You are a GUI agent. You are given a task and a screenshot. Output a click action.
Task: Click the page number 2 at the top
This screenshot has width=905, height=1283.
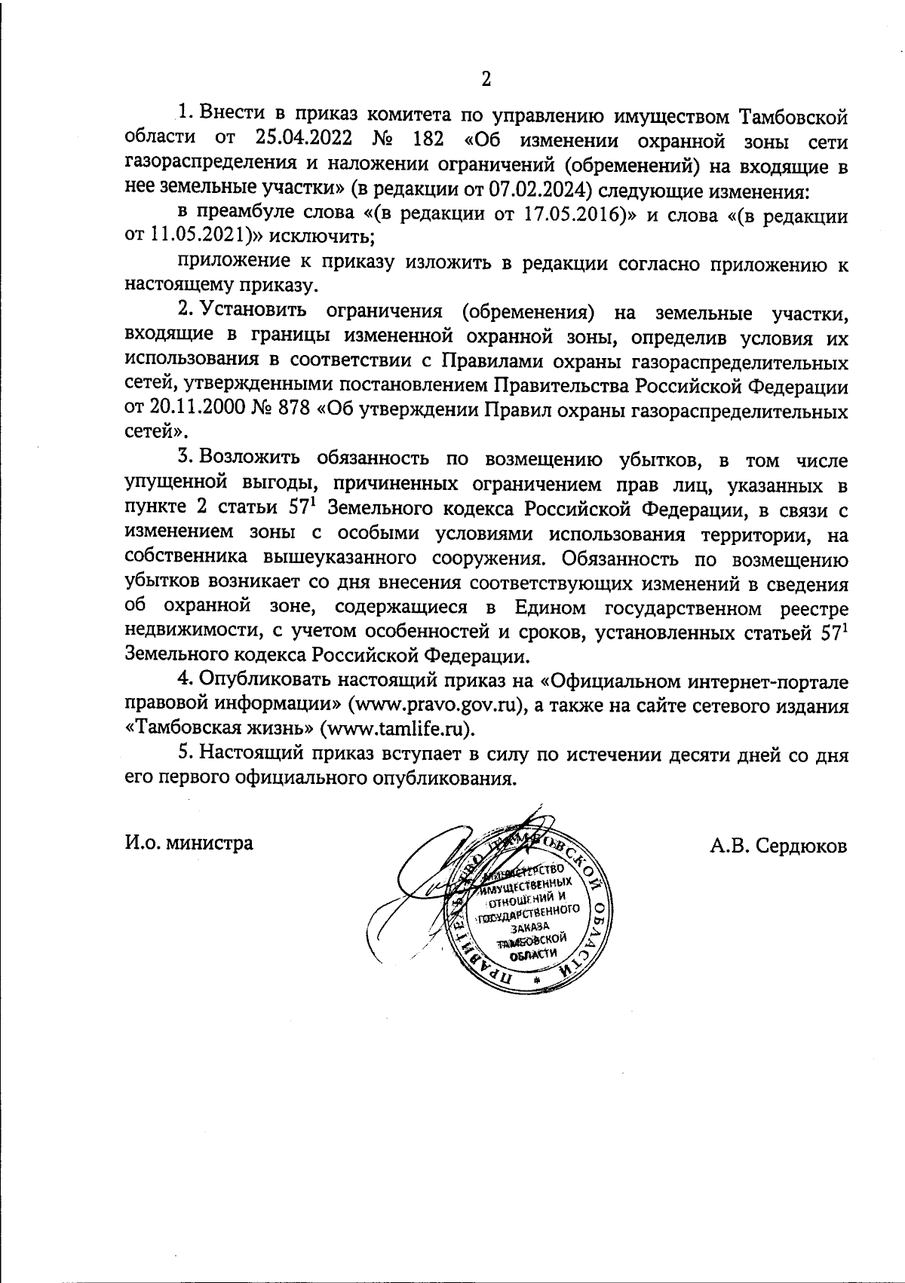click(x=486, y=79)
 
